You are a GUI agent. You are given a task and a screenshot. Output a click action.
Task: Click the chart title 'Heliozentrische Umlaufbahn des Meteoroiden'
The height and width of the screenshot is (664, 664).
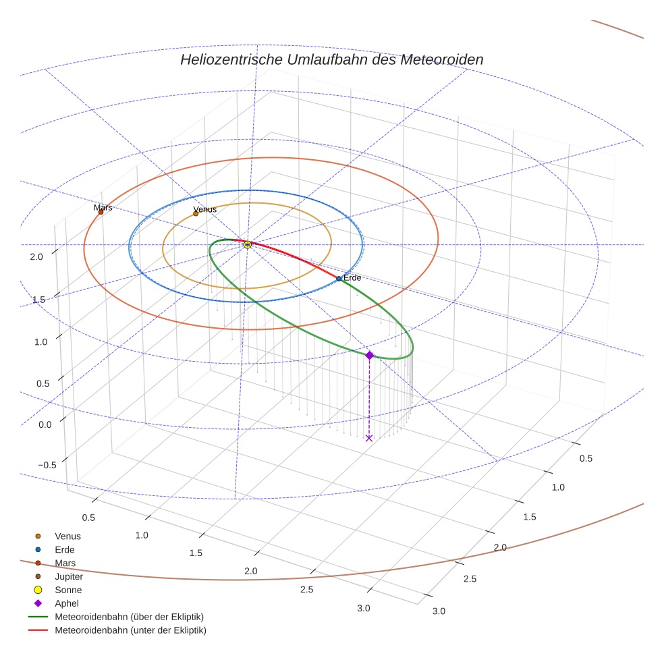tap(331, 59)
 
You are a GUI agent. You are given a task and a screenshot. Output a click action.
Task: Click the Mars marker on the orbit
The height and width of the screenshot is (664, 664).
tap(101, 212)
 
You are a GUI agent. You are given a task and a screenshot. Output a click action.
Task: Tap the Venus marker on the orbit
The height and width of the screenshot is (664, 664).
tap(196, 213)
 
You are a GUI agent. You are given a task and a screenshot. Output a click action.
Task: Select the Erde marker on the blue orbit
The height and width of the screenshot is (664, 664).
tap(339, 278)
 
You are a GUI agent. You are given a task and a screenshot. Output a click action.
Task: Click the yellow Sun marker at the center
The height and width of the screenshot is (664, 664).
tap(248, 244)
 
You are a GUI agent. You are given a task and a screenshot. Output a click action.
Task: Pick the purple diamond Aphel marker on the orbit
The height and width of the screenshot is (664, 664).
tap(369, 355)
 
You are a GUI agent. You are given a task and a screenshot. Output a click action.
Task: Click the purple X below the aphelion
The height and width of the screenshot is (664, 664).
tap(368, 438)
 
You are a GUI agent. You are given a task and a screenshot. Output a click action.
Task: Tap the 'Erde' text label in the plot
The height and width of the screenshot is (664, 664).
tap(352, 278)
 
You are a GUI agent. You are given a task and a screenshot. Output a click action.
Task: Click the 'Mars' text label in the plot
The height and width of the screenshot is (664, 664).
tap(103, 207)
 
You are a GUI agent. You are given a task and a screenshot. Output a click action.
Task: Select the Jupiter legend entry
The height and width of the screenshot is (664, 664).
tap(68, 576)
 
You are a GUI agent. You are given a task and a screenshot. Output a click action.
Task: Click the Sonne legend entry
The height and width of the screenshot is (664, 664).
tap(67, 590)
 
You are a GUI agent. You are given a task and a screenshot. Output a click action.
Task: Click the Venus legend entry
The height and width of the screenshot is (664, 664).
tap(67, 536)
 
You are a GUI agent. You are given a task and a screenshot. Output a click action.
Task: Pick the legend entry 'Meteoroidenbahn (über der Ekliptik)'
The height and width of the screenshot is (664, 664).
tap(129, 617)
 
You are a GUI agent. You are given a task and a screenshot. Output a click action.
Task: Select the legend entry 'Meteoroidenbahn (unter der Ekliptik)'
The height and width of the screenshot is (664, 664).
tap(130, 630)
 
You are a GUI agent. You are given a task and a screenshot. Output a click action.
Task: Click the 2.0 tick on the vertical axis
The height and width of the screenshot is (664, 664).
tap(36, 256)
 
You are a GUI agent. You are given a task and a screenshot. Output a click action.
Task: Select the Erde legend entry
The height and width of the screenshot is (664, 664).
tap(65, 549)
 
